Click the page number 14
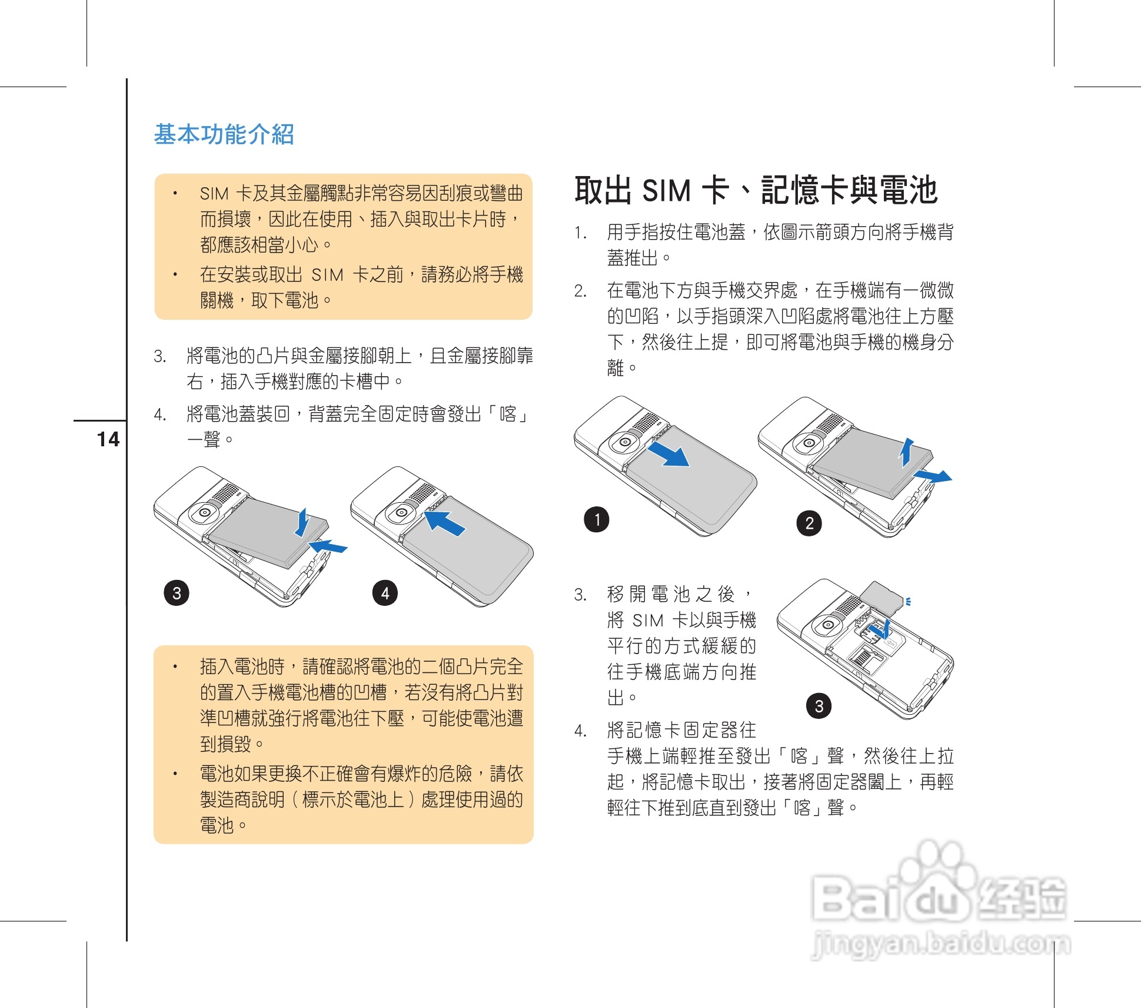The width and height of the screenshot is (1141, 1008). tap(108, 439)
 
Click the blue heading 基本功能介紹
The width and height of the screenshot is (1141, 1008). tap(224, 134)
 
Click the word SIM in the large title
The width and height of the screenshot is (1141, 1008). tap(666, 191)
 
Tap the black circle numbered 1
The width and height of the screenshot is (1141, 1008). tap(596, 519)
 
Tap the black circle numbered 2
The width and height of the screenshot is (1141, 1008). tap(809, 523)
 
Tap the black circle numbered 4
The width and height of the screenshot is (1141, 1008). tap(385, 592)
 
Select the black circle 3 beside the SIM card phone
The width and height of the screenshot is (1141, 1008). tap(819, 705)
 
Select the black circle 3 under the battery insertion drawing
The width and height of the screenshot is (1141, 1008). tap(177, 592)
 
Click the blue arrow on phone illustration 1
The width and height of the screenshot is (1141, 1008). tap(669, 455)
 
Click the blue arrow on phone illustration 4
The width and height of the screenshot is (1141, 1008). tap(445, 523)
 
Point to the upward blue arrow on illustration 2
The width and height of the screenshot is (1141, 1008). tap(907, 452)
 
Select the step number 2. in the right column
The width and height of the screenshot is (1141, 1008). tap(580, 291)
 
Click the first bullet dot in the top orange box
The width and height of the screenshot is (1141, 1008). tap(175, 193)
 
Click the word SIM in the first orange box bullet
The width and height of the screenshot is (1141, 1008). tap(214, 194)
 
